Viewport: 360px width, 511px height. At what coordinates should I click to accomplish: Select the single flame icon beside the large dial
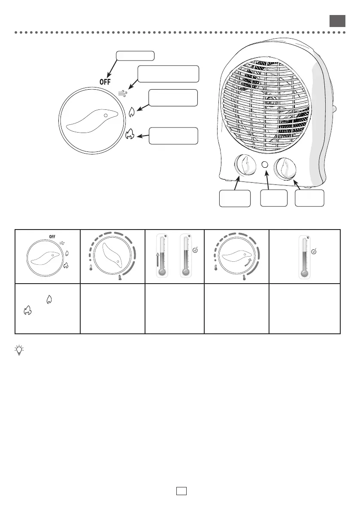click(x=132, y=112)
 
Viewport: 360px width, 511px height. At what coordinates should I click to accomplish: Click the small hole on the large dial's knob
click(x=105, y=116)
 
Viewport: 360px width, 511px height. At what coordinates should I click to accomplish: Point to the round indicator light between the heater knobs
click(x=265, y=165)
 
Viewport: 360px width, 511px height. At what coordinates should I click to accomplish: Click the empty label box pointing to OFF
click(x=135, y=55)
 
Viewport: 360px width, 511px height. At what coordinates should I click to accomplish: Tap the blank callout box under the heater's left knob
click(x=235, y=199)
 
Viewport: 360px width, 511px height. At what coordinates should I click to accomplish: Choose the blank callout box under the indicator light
click(x=274, y=199)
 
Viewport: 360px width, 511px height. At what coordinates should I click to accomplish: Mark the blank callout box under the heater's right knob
click(x=310, y=199)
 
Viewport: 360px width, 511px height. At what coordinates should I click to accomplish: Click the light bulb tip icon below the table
click(x=19, y=350)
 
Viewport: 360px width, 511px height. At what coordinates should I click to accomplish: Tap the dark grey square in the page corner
click(x=337, y=21)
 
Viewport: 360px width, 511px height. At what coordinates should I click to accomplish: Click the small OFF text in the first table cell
click(x=52, y=236)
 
